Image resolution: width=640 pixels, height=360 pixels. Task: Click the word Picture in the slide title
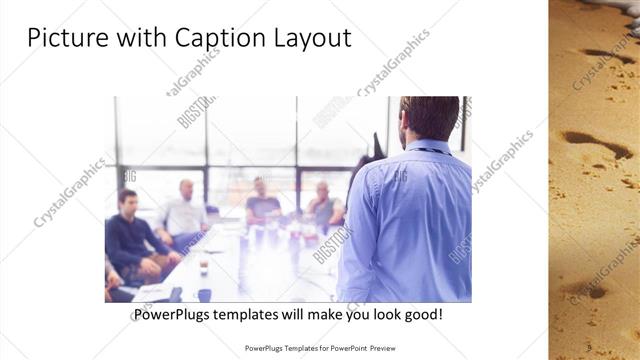click(63, 38)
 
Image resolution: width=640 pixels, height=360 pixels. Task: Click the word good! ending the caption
click(423, 314)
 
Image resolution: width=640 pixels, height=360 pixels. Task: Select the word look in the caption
click(384, 314)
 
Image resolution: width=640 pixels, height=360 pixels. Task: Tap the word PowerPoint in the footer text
click(345, 349)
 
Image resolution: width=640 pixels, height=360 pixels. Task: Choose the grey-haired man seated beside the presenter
click(322, 205)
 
